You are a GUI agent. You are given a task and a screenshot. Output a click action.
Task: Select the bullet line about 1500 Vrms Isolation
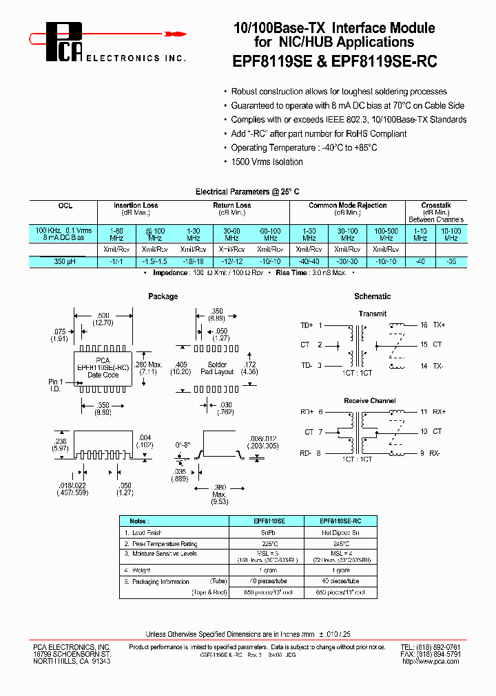point(267,162)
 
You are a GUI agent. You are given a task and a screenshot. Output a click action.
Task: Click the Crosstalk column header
point(435,205)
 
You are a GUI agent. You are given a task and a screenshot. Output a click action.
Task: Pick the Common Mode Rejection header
point(347,205)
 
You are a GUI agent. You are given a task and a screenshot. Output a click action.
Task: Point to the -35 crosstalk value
point(451,261)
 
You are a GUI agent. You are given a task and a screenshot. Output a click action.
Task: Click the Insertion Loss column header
point(136,205)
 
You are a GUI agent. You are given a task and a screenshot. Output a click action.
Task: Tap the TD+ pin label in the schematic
point(307,325)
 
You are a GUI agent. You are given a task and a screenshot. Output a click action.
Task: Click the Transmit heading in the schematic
point(372,314)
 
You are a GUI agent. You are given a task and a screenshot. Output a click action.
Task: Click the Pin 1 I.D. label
point(56,385)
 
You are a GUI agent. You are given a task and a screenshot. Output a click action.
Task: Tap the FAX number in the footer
point(431,654)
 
